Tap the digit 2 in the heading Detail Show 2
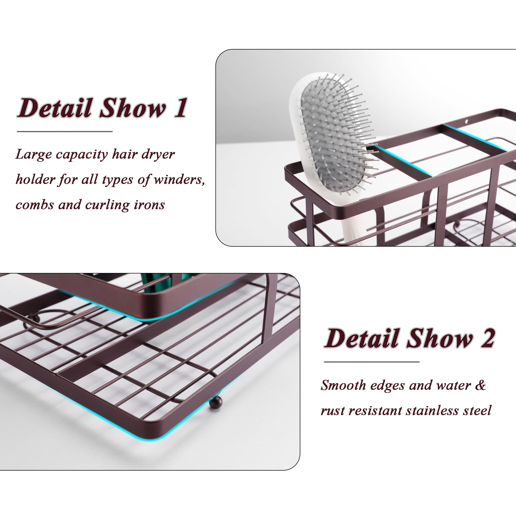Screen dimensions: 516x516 click(488, 338)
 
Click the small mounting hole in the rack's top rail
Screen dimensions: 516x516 click(466, 122)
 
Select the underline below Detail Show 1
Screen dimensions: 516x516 click(65, 131)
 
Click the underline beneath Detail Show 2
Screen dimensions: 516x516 click(372, 362)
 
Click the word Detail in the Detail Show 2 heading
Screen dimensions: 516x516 click(362, 338)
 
